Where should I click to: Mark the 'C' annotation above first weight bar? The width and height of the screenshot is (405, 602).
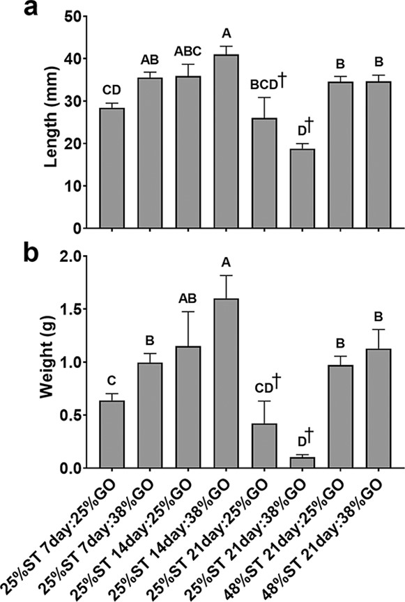coord(112,382)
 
